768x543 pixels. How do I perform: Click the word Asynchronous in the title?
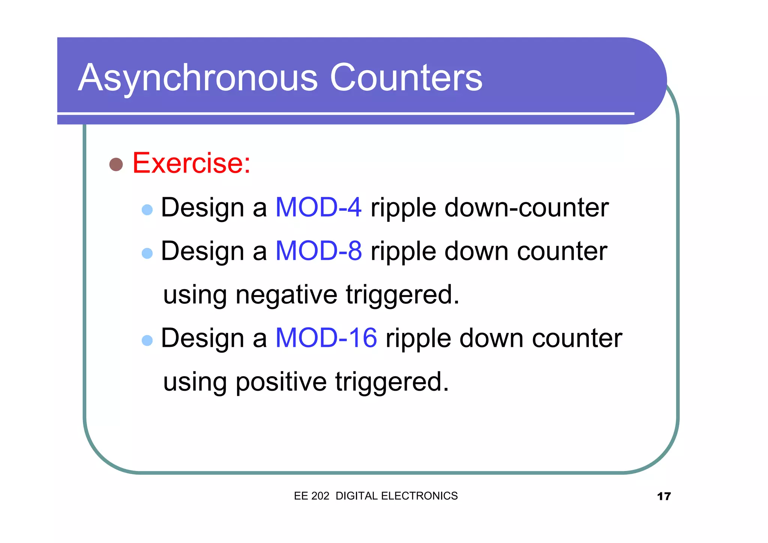(x=198, y=78)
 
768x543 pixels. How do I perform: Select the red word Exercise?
(x=191, y=163)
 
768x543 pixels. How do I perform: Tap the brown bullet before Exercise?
(x=116, y=164)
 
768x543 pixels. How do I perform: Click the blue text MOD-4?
(x=318, y=207)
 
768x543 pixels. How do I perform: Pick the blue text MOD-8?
(x=318, y=251)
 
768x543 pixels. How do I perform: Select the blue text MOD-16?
(x=326, y=338)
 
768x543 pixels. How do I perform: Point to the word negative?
(x=286, y=295)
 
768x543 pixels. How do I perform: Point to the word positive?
(x=281, y=382)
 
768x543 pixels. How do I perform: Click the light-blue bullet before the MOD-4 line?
(x=147, y=210)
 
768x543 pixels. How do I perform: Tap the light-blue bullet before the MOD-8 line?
(x=147, y=253)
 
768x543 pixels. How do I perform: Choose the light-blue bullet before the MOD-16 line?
(x=147, y=340)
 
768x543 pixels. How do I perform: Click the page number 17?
(x=663, y=496)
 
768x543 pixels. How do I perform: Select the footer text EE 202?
(x=311, y=496)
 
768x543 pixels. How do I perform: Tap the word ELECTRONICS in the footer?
(x=419, y=496)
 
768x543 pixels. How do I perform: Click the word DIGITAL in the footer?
(x=356, y=496)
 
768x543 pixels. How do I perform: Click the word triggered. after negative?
(x=402, y=295)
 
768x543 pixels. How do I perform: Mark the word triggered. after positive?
(x=392, y=382)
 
